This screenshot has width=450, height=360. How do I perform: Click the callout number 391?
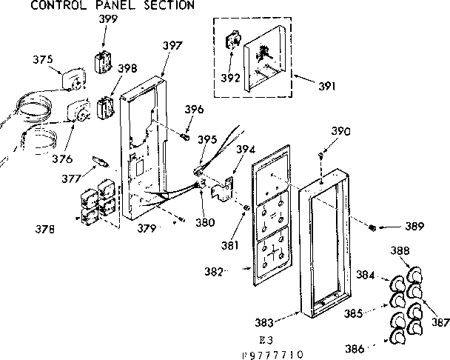(x=327, y=84)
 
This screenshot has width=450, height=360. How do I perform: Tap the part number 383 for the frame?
(x=265, y=322)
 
